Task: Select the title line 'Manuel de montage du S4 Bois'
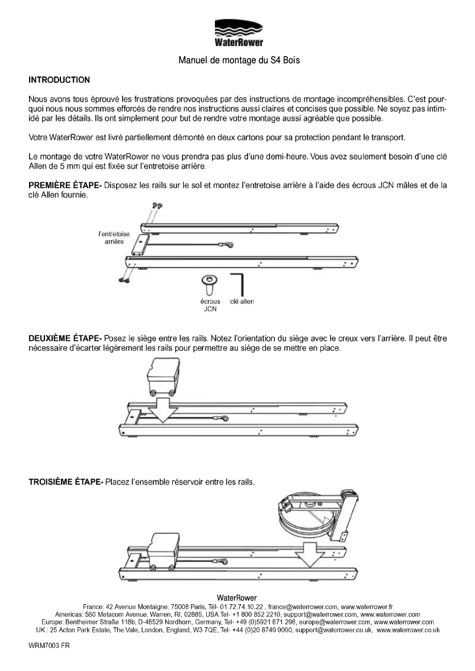[237, 60]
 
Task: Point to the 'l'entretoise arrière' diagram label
[114, 238]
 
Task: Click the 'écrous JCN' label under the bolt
[208, 304]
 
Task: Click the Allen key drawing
[239, 283]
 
